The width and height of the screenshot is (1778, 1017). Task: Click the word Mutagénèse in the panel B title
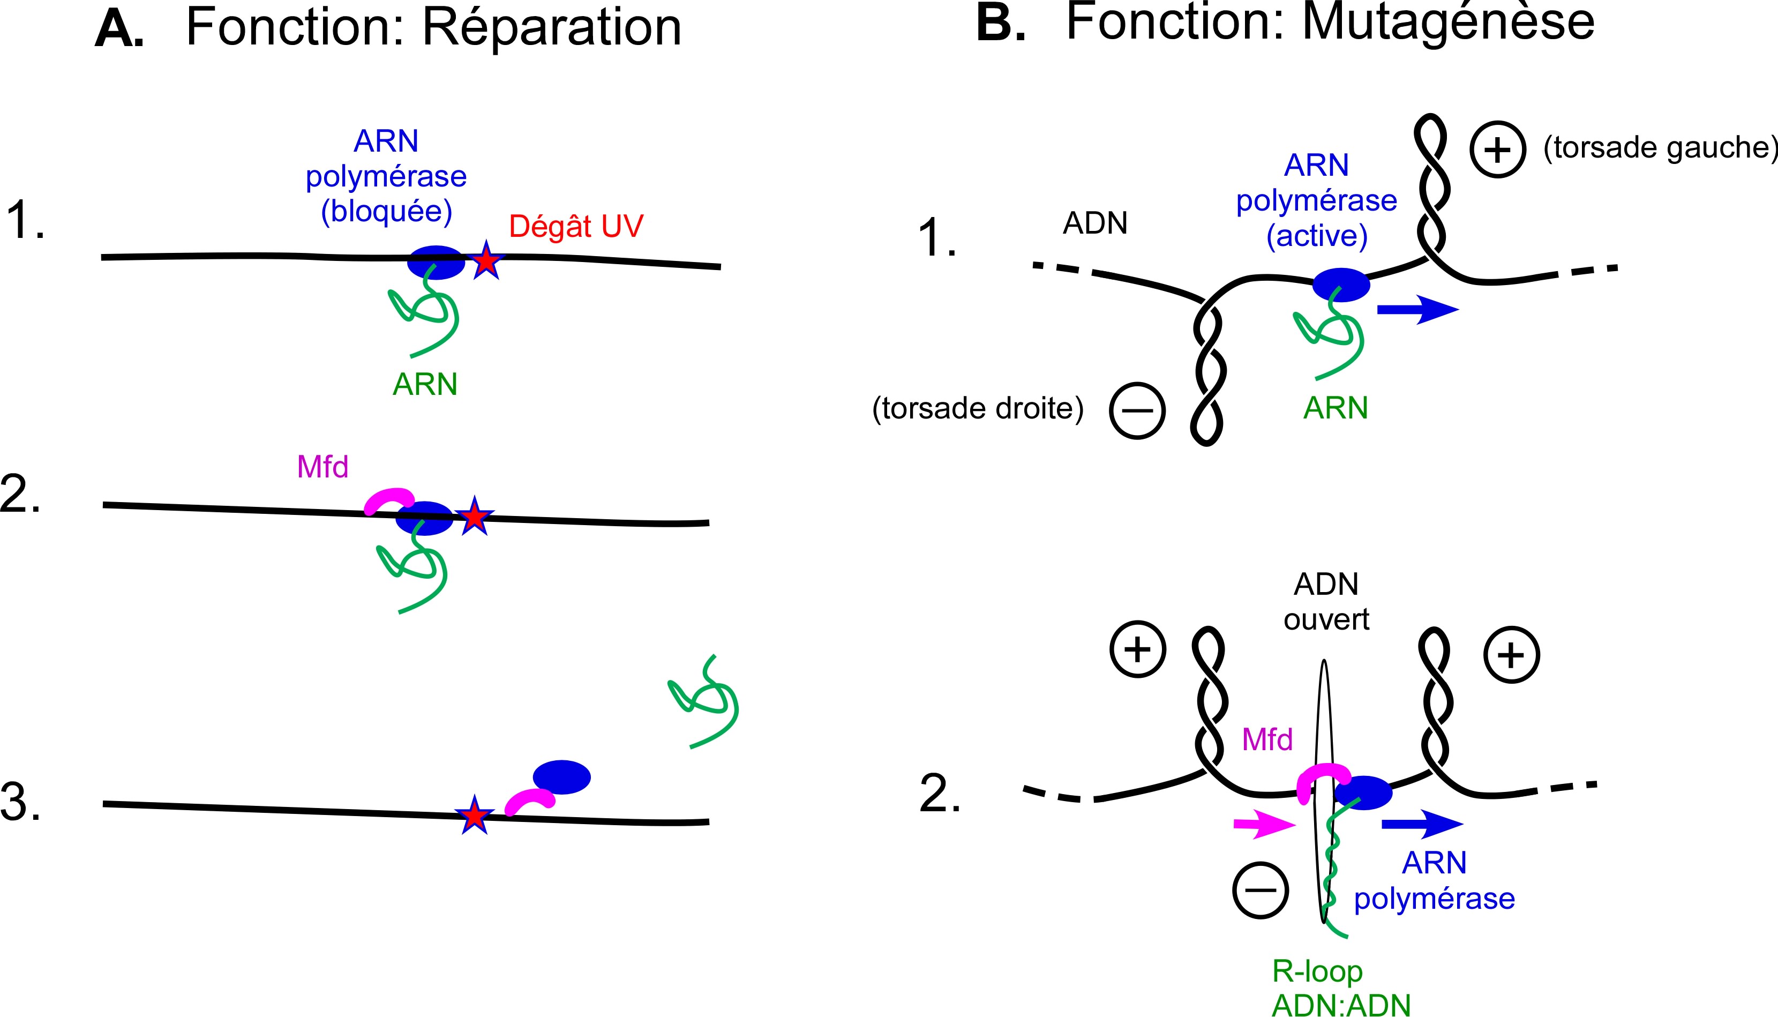pos(1449,24)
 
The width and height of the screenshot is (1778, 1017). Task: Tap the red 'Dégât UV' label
pos(576,226)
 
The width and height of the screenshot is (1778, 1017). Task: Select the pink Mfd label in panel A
pos(322,467)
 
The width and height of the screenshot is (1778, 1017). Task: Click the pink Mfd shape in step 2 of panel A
pos(388,499)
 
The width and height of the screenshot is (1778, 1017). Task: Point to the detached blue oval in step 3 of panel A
pos(561,777)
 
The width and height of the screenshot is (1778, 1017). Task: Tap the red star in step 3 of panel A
pos(475,814)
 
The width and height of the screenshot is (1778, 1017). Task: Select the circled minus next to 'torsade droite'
pos(1137,410)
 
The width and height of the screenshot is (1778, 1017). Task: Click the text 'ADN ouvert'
pos(1326,601)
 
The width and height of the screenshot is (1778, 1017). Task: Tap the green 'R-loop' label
pos(1317,971)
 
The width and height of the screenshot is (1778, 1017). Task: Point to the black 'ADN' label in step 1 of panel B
pos(1095,223)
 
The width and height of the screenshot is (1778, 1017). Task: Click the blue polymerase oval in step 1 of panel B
pos(1341,285)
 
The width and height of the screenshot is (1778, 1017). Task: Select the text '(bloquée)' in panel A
pos(386,211)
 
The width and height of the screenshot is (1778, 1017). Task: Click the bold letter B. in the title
pos(1000,25)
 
